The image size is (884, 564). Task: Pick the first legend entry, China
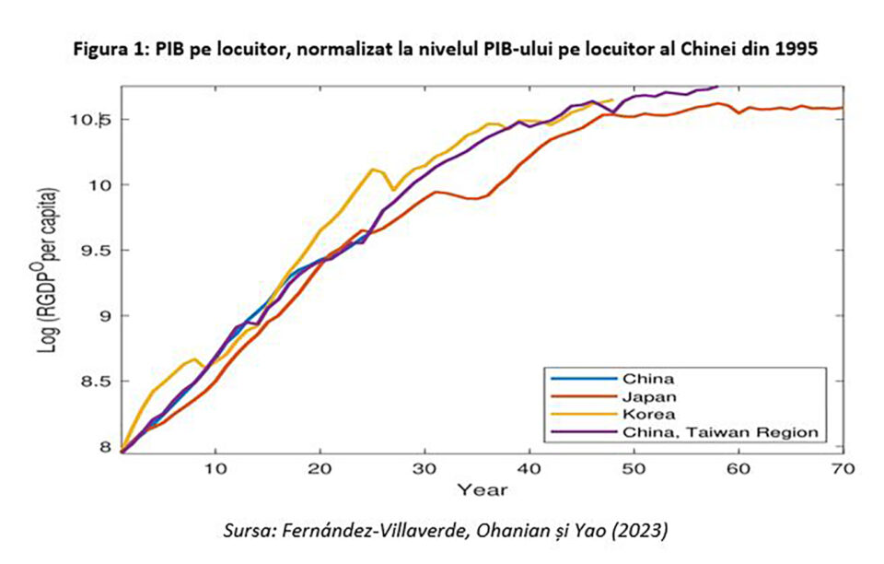649,379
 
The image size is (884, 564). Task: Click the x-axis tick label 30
425,468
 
